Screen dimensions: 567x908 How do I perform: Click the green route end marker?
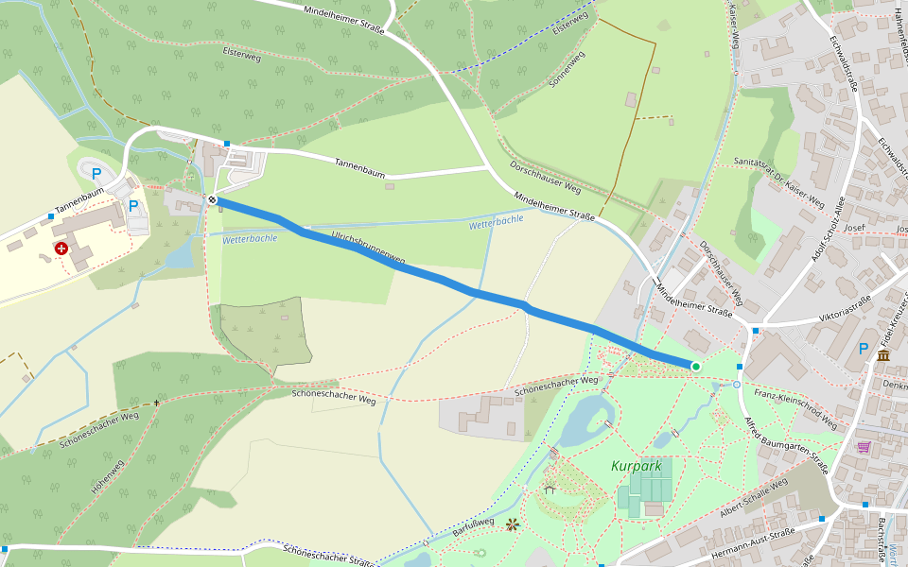click(x=695, y=367)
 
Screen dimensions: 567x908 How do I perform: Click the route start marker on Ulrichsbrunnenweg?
click(x=213, y=199)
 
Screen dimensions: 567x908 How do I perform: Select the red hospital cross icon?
click(x=61, y=249)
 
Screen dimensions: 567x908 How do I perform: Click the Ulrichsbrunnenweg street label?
click(x=368, y=246)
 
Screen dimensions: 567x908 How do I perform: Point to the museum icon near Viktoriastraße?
click(x=882, y=355)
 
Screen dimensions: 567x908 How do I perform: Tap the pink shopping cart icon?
click(x=864, y=446)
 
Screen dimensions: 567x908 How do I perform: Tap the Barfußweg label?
click(x=473, y=525)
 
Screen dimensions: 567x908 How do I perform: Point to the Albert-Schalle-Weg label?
click(x=753, y=498)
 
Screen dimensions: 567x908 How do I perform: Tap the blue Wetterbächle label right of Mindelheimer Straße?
click(x=496, y=219)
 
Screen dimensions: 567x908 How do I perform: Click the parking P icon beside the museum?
click(x=863, y=350)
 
